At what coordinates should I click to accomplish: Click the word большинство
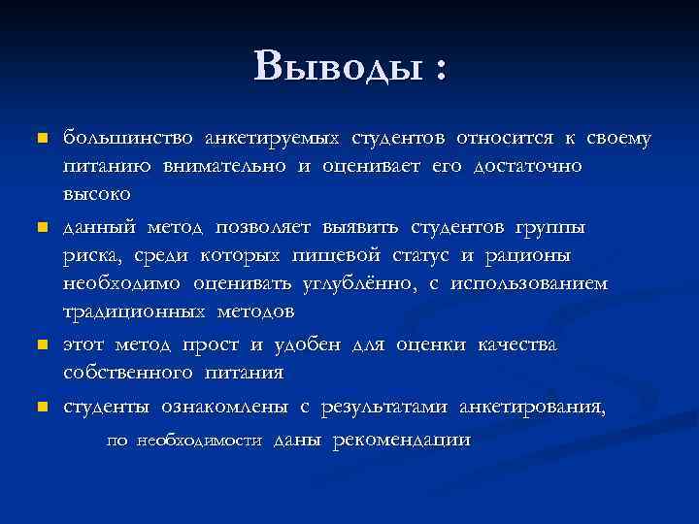click(128, 139)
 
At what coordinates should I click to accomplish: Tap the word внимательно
click(222, 166)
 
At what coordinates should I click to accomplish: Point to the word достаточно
click(528, 166)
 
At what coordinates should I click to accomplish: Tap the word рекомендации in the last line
click(401, 441)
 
